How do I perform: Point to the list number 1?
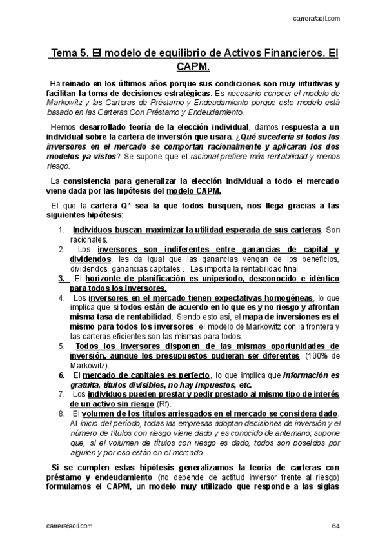pyautogui.click(x=61, y=230)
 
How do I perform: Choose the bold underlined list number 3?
pyautogui.click(x=61, y=278)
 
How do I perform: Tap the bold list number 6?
pyautogui.click(x=61, y=375)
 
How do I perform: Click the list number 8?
pyautogui.click(x=61, y=413)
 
